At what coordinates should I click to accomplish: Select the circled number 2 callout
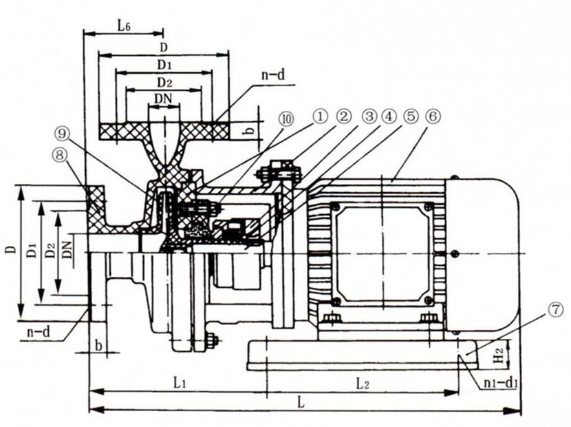click(344, 118)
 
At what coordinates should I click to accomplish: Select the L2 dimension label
click(363, 384)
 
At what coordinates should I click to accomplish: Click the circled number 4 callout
click(388, 118)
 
